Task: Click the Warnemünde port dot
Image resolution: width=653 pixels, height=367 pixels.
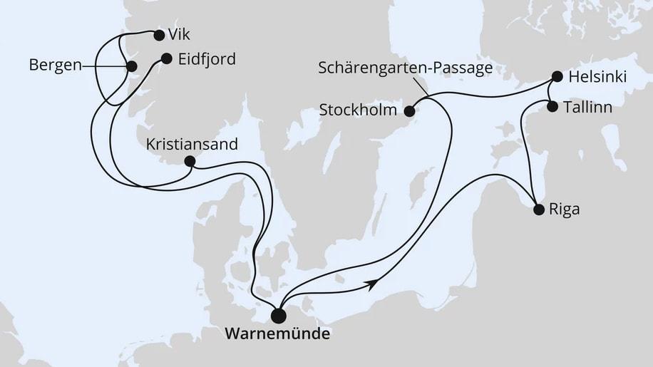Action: [279, 314]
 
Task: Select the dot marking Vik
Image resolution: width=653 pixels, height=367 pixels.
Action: [158, 33]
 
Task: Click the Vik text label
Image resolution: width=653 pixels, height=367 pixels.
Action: [180, 33]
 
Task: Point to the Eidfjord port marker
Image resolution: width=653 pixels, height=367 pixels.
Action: [166, 59]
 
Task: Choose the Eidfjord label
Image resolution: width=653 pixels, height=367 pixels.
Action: [205, 59]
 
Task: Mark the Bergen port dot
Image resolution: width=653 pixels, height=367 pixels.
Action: [131, 66]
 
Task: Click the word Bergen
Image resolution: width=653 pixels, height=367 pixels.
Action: [54, 66]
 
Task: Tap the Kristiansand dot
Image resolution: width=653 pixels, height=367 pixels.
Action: [190, 161]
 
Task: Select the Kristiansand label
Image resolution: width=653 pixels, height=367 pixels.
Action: [191, 144]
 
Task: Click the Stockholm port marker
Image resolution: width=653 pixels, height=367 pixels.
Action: [410, 111]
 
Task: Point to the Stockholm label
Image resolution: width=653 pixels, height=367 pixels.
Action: [360, 111]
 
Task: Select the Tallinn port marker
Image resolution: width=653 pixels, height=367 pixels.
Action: [552, 106]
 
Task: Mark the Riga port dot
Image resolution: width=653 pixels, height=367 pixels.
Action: [539, 210]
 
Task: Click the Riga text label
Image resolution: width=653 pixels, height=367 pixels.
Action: [564, 210]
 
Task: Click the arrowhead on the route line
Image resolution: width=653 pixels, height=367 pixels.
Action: [371, 284]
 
